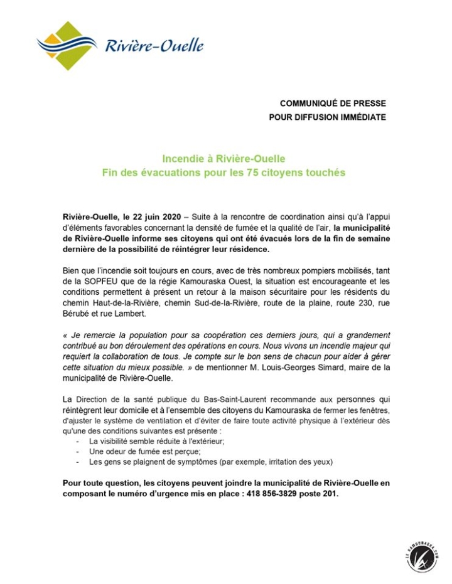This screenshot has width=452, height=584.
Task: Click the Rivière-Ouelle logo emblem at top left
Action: [66, 45]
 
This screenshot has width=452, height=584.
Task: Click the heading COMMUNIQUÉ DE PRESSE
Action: [333, 103]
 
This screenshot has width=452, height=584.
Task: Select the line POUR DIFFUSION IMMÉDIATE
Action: [327, 117]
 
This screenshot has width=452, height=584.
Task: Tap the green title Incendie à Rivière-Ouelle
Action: [224, 159]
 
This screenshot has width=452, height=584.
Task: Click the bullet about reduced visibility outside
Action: [153, 441]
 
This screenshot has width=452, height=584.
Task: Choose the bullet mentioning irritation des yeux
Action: [207, 462]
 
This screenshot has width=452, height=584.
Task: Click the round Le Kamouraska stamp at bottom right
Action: [421, 555]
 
